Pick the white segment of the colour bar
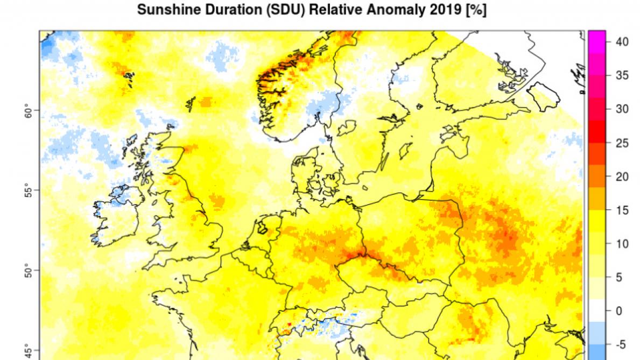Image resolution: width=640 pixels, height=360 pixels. tap(597, 310)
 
